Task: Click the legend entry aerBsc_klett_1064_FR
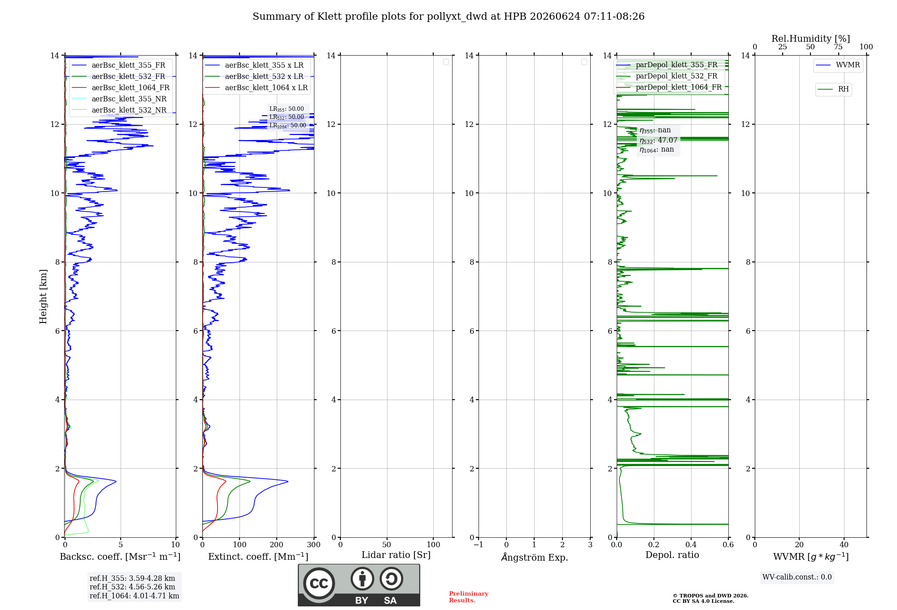point(120,87)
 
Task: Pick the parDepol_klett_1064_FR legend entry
point(669,87)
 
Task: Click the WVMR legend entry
point(838,65)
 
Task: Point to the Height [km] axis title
point(43,296)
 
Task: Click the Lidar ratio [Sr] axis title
point(396,555)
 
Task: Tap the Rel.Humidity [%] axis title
point(810,39)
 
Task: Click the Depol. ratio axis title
point(672,555)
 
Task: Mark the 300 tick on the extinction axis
point(314,545)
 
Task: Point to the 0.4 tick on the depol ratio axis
point(691,545)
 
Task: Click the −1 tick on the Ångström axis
point(479,545)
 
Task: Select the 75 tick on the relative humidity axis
point(838,47)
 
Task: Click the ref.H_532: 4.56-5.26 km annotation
point(132,587)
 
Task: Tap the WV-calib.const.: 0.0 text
point(797,577)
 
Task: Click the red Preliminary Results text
point(469,597)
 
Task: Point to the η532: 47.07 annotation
point(658,140)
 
